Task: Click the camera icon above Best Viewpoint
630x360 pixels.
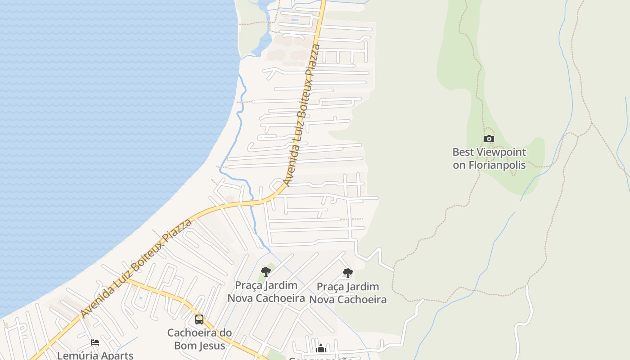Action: (489, 139)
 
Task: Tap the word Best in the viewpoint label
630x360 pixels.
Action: (462, 152)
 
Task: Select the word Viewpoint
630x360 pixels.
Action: (499, 152)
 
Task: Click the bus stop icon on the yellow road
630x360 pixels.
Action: (199, 319)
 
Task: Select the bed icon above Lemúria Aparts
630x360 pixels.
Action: (95, 342)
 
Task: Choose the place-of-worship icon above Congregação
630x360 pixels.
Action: (321, 348)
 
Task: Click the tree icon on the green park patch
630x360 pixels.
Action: (266, 272)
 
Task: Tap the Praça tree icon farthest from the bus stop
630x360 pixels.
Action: (347, 273)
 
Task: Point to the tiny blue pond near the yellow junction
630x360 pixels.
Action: (141, 298)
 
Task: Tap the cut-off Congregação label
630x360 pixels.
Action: (320, 358)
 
